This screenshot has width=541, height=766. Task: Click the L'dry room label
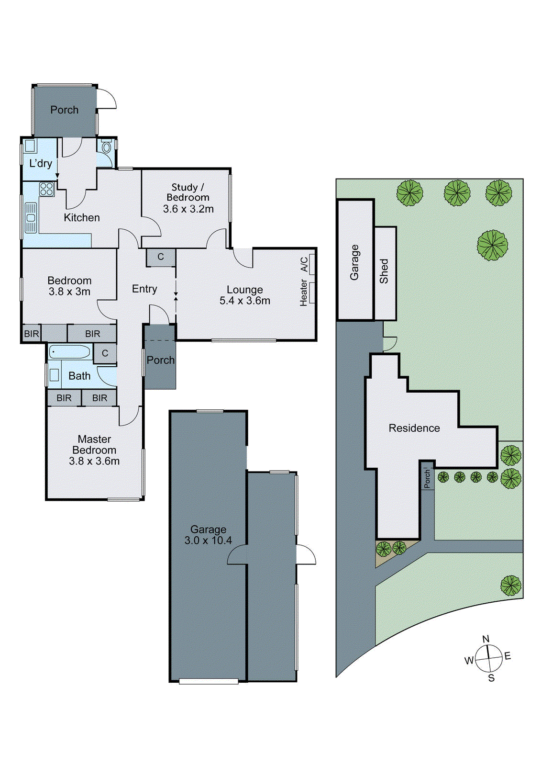coord(41,163)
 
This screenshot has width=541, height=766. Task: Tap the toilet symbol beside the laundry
coord(106,146)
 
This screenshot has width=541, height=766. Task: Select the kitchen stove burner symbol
coord(46,189)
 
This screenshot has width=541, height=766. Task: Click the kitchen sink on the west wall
coord(31,218)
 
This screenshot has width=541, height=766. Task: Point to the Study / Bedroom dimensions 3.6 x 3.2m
coord(188,209)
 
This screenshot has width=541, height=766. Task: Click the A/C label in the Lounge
coord(304,264)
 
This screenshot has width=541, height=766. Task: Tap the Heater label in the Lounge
coord(304,293)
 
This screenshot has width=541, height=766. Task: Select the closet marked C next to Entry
coord(161,257)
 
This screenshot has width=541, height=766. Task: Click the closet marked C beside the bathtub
coord(105,353)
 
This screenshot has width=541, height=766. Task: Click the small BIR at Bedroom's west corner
coord(32,334)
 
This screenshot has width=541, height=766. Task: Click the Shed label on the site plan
coord(384,271)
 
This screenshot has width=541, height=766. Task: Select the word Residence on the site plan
coord(414,428)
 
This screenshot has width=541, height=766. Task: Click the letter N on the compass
coord(486,639)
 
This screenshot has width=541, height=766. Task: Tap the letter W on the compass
coord(469,661)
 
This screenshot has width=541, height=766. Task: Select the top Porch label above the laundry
coord(64,110)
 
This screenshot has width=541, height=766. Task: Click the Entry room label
coord(144,289)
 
